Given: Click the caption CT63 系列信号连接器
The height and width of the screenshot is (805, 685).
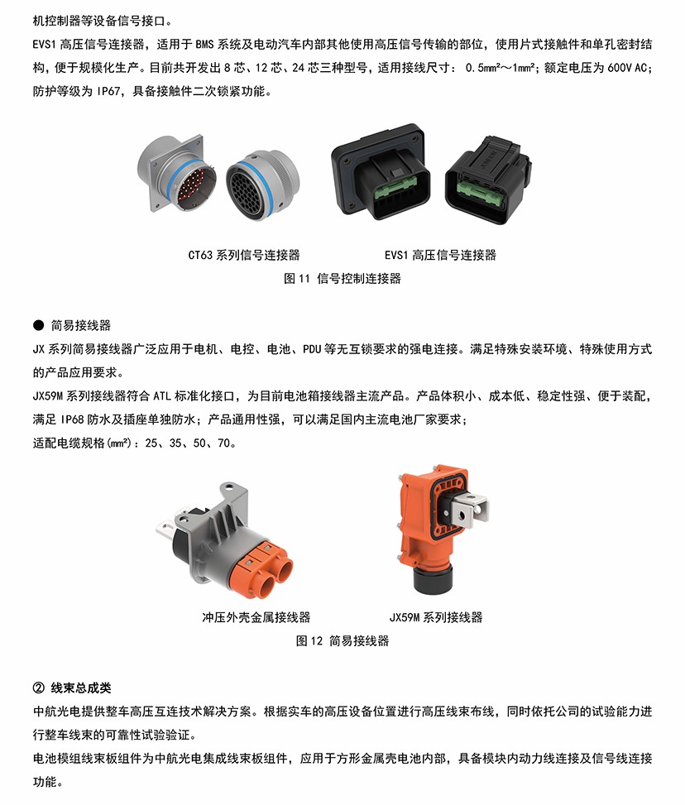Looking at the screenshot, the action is tap(244, 255).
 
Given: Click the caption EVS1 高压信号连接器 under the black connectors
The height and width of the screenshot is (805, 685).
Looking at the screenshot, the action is tap(441, 255).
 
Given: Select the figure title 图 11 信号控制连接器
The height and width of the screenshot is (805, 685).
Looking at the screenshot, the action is tap(342, 279).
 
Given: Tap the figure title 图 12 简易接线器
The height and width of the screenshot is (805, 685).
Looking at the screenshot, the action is tap(342, 640).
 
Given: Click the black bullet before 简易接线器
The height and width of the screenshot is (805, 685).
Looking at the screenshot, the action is tap(39, 325).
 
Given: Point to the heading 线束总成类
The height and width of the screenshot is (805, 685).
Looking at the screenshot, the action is tap(80, 688).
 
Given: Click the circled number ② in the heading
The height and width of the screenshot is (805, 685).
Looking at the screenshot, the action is tap(39, 688).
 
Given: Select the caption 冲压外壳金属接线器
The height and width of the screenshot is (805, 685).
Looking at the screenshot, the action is tap(256, 617).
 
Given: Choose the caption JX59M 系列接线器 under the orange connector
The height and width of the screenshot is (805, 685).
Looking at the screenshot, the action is tap(436, 617).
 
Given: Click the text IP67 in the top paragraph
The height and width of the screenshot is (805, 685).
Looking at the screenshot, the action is tap(108, 91).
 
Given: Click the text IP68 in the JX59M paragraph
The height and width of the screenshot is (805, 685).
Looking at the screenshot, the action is tap(71, 419).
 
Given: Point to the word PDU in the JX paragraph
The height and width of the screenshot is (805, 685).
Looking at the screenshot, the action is tap(312, 349).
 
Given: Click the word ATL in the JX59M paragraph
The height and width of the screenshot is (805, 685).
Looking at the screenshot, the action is tap(162, 395).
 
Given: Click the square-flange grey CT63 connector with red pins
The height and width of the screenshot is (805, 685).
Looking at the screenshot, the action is tap(177, 174).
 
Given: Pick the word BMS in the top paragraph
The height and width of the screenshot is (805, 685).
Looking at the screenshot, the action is tap(204, 45).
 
